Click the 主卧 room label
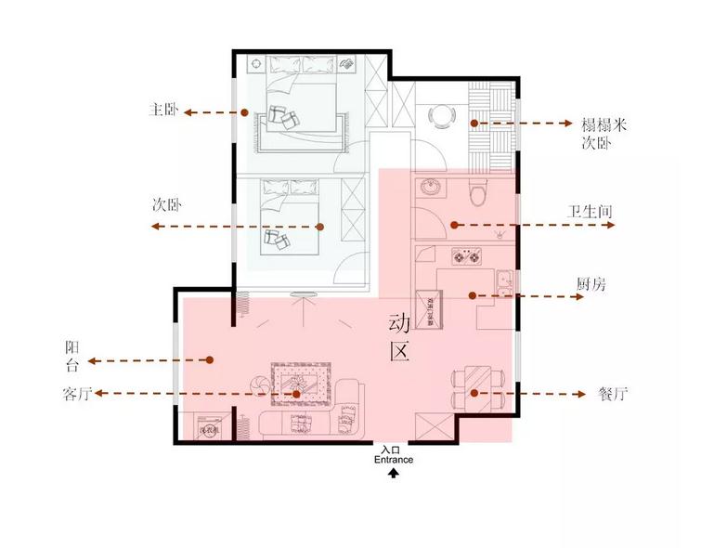[x=162, y=111]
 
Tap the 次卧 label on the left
[x=166, y=203]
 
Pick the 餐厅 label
[x=614, y=393]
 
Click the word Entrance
[x=394, y=460]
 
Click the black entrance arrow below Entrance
[x=394, y=473]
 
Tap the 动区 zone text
[x=398, y=339]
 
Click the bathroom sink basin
[x=431, y=189]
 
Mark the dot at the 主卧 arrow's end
[x=245, y=112]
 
